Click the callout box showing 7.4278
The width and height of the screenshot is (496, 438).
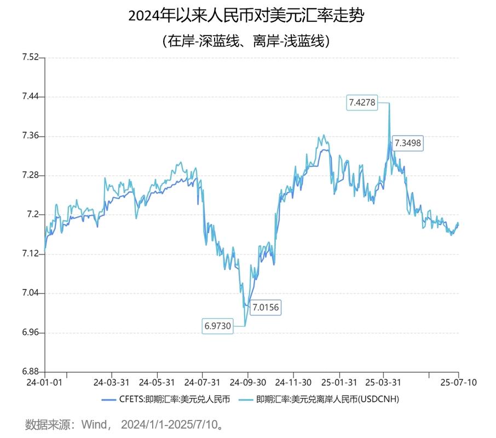pyautogui.click(x=362, y=102)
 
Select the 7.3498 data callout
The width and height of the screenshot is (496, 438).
pyautogui.click(x=408, y=143)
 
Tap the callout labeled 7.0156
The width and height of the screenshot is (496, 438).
pyautogui.click(x=265, y=307)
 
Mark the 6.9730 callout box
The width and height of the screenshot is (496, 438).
pyautogui.click(x=218, y=326)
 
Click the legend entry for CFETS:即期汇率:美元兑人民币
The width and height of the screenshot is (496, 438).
pyautogui.click(x=167, y=399)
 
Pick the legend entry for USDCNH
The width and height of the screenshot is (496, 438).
pyautogui.click(x=320, y=399)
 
